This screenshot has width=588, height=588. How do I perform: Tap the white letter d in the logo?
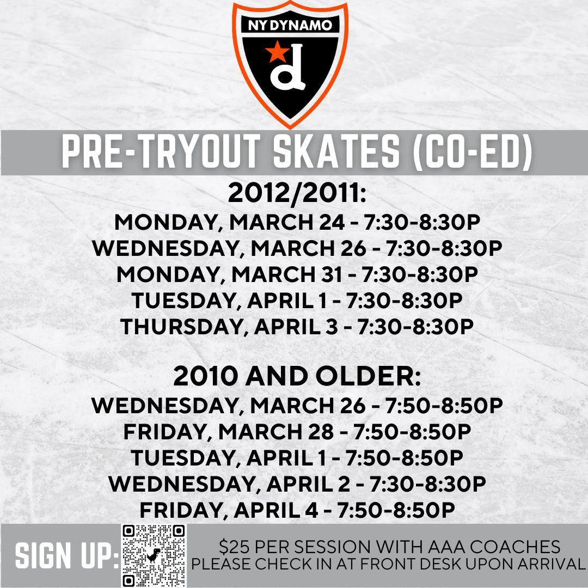point(288,67)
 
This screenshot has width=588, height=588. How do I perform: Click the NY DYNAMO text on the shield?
point(290,26)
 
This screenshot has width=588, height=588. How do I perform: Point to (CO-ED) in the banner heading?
point(471,152)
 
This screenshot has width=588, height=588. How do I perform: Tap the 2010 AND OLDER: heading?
point(297,377)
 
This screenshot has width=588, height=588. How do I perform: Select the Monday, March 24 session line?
point(297,222)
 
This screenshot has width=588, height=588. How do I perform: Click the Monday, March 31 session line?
point(297,274)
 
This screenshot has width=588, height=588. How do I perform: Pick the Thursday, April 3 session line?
point(297,327)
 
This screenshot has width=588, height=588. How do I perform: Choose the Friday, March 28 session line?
point(297,432)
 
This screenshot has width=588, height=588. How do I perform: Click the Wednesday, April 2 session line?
point(297,484)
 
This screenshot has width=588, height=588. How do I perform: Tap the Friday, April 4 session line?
point(297,510)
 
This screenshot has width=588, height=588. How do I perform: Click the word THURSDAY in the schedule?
point(181,327)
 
